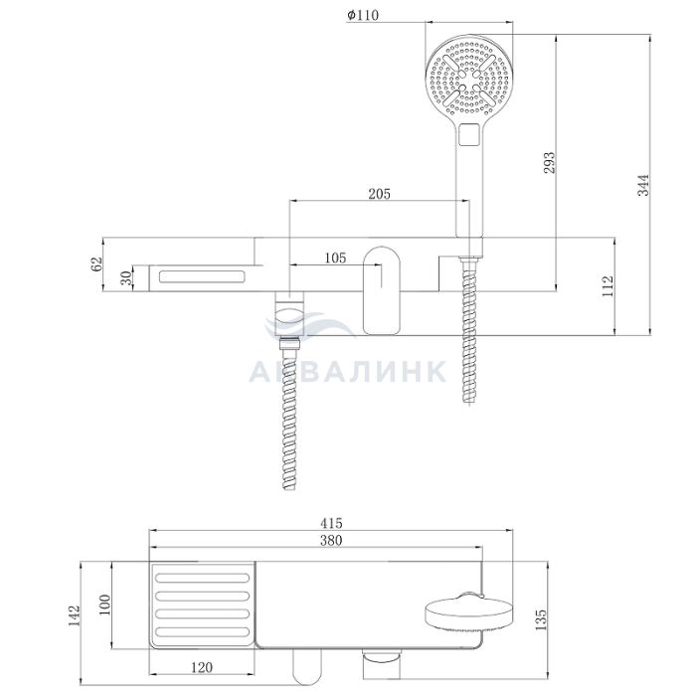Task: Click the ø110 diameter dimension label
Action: click(x=363, y=15)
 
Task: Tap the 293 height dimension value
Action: click(x=550, y=162)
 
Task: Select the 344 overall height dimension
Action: click(x=643, y=185)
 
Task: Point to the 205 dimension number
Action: click(x=380, y=194)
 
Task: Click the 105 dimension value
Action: click(x=335, y=258)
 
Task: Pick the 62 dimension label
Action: click(x=96, y=263)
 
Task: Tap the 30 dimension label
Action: click(x=126, y=277)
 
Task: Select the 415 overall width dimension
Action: click(x=331, y=523)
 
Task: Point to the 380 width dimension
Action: click(x=331, y=540)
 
